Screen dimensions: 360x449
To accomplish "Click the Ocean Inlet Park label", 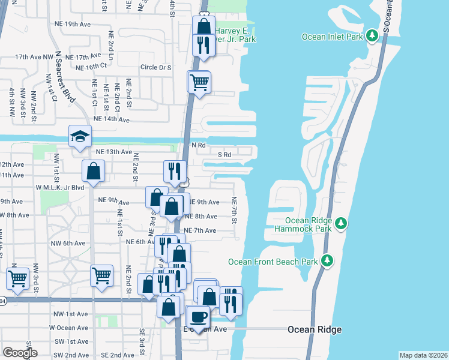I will pyautogui.click(x=333, y=37).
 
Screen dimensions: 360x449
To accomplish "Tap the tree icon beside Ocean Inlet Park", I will pyautogui.click(x=372, y=37).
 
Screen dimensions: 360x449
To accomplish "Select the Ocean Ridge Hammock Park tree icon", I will pyautogui.click(x=341, y=224).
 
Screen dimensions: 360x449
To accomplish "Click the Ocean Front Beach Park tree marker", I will pyautogui.click(x=327, y=261).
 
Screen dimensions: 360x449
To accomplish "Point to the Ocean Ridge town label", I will pyautogui.click(x=315, y=329).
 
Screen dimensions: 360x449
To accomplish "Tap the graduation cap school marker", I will pyautogui.click(x=80, y=136).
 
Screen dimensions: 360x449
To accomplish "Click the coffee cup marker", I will pyautogui.click(x=198, y=316).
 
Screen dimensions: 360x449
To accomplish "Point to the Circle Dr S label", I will pyautogui.click(x=155, y=68).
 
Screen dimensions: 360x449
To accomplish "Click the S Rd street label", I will pyautogui.click(x=224, y=154).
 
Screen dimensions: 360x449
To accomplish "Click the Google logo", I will pyautogui.click(x=20, y=353).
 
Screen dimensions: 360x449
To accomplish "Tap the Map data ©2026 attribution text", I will pyautogui.click(x=423, y=355).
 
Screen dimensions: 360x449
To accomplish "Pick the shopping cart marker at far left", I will pyautogui.click(x=18, y=278).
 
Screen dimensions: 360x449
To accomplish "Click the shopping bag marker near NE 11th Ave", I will pyautogui.click(x=94, y=171).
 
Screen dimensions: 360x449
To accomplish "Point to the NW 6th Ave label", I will pyautogui.click(x=68, y=243).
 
